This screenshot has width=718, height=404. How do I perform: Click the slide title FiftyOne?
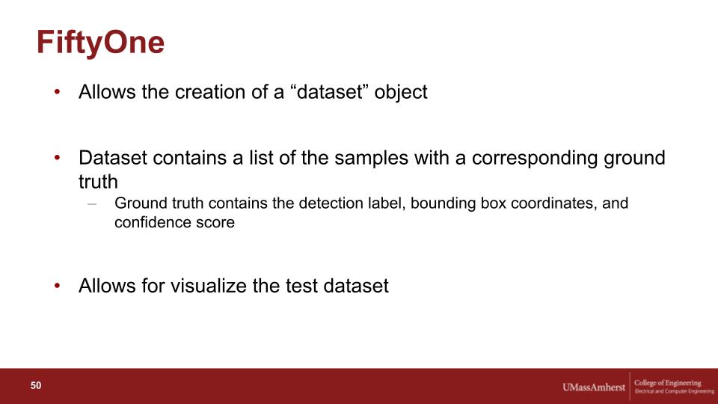(x=100, y=43)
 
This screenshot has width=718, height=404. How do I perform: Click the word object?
(x=401, y=93)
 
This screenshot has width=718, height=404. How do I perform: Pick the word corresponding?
(x=534, y=159)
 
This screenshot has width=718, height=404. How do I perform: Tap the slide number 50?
(x=36, y=386)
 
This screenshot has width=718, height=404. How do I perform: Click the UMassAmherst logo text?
(x=593, y=387)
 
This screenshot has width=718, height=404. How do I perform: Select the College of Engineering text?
(x=668, y=383)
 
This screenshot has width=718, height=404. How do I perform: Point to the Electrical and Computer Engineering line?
(x=674, y=391)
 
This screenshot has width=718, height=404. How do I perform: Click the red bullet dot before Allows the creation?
(x=58, y=92)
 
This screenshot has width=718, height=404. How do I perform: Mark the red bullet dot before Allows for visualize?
(x=58, y=286)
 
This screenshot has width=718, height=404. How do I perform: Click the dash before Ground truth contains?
(x=92, y=203)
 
